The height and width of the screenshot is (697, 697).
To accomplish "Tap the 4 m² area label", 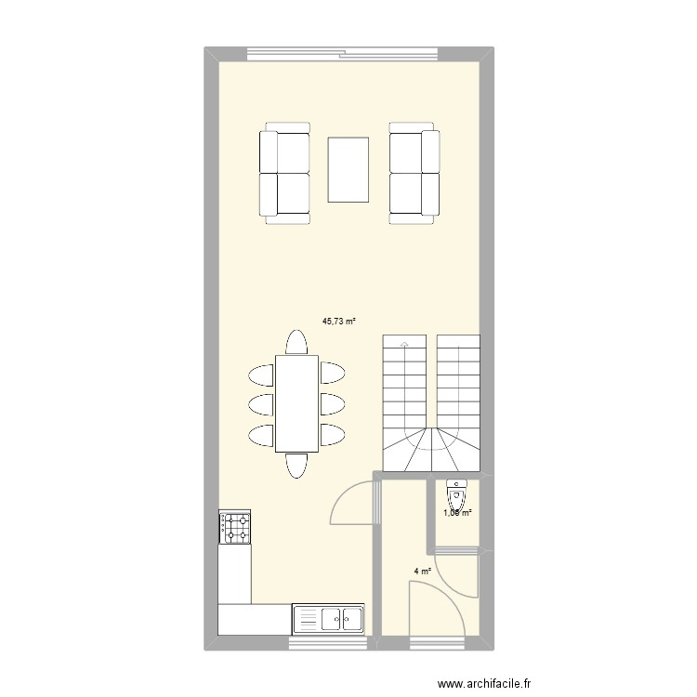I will coord(422,572).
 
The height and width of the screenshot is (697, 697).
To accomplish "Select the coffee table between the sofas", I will coord(348,169).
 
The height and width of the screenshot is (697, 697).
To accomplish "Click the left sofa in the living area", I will coord(284,173).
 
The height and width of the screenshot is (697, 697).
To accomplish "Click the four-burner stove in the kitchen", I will coord(234,527).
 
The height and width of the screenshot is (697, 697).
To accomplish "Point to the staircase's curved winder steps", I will coord(432,449).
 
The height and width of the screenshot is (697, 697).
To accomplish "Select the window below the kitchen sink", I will coord(328,641).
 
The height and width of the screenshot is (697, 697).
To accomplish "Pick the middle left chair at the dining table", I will coord(261,404).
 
